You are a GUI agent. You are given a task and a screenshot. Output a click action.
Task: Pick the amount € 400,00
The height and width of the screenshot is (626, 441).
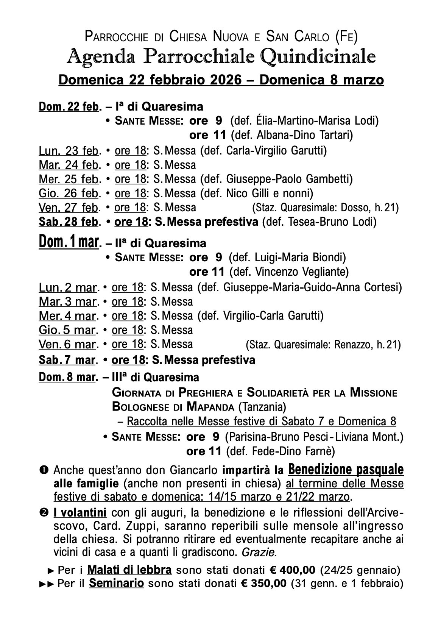pyautogui.click(x=292, y=570)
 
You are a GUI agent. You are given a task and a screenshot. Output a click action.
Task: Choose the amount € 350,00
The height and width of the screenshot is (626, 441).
pyautogui.click(x=264, y=584)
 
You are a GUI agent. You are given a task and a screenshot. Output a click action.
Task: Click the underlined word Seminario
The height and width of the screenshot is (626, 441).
pyautogui.click(x=116, y=584)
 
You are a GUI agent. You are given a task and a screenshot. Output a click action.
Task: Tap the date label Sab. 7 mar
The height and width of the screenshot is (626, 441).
pyautogui.click(x=66, y=360)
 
